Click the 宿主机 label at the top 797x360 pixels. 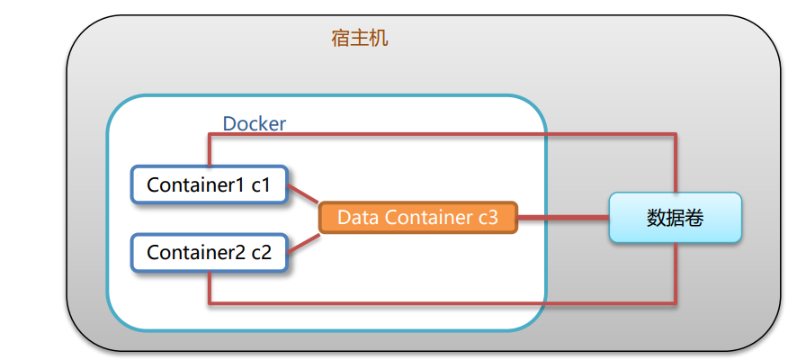(360, 40)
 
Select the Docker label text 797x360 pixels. (254, 123)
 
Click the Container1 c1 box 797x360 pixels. (209, 184)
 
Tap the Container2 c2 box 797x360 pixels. (209, 253)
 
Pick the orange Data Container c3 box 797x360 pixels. (418, 217)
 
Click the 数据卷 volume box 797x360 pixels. (675, 218)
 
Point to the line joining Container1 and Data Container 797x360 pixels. (303, 198)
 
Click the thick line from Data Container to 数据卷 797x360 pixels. (563, 217)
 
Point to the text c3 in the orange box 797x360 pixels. (493, 217)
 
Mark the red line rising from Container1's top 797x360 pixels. (209, 150)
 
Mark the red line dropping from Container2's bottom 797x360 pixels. (209, 286)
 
